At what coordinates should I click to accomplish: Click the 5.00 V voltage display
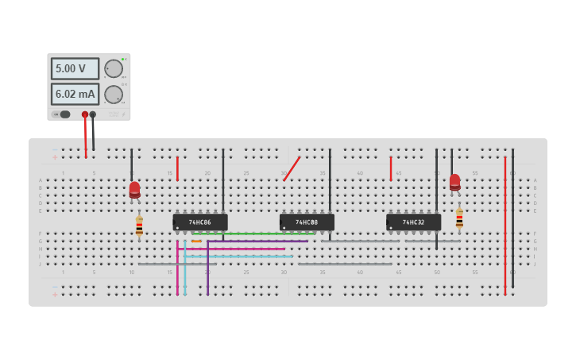[75, 68]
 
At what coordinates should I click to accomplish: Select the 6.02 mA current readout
[75, 95]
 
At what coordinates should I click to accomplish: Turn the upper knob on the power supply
[113, 68]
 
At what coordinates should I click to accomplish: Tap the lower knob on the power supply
[113, 95]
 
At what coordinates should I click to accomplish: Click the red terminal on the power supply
[85, 114]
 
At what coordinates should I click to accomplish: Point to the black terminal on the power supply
[93, 114]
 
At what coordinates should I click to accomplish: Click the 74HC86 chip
[200, 222]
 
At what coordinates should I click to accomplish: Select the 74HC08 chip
[307, 222]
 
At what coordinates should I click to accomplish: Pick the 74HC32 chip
[413, 222]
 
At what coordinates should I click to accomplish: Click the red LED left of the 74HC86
[134, 189]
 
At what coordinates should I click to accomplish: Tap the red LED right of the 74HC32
[454, 182]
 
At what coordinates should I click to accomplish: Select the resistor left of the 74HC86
[139, 226]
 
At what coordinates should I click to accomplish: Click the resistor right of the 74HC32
[459, 219]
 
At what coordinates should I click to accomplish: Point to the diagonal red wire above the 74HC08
[292, 168]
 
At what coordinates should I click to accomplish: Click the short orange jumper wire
[196, 241]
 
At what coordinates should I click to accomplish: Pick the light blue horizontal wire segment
[238, 257]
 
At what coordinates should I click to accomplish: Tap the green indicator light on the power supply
[124, 59]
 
